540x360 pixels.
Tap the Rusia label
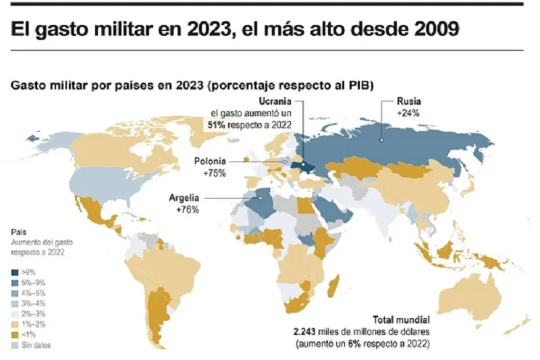[409, 101]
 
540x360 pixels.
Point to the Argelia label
[184, 198]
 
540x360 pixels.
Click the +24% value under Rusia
[409, 113]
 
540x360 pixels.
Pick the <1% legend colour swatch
[15, 334]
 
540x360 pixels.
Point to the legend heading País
[18, 230]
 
